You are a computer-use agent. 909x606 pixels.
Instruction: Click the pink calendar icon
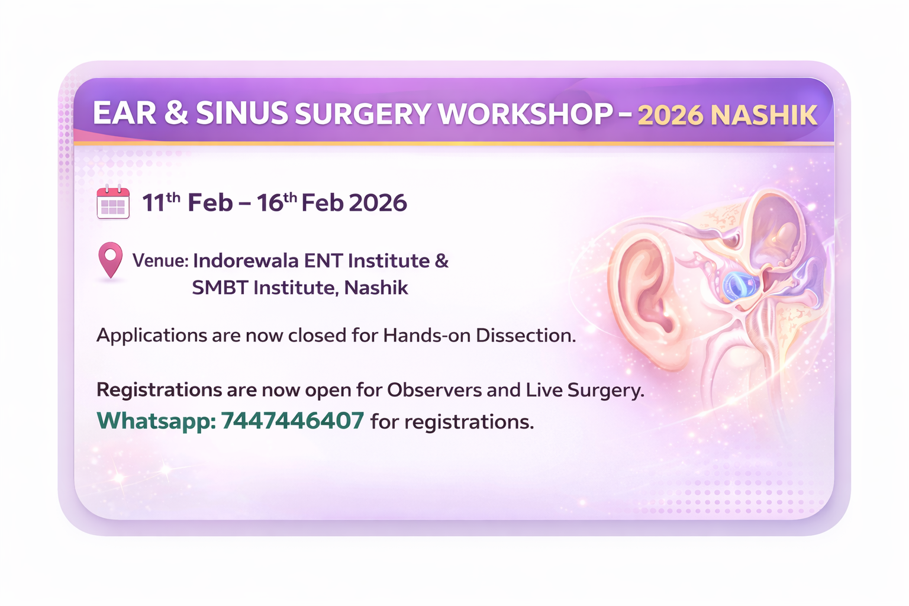(x=113, y=202)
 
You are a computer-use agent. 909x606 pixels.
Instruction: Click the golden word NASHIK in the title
(x=763, y=115)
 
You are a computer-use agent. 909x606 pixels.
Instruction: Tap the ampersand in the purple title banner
(x=176, y=114)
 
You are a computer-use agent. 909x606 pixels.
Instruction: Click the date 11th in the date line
(x=161, y=202)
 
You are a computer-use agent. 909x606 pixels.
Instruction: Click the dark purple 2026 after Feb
(x=378, y=203)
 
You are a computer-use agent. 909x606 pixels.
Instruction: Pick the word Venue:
(x=160, y=260)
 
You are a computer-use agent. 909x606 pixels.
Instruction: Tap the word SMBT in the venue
(x=219, y=288)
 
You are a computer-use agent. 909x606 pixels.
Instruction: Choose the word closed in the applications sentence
(x=317, y=336)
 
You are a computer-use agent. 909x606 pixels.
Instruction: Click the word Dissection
(x=526, y=336)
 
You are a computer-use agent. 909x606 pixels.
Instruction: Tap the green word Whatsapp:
(x=156, y=421)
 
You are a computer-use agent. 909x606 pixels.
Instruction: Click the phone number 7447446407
(x=292, y=421)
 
